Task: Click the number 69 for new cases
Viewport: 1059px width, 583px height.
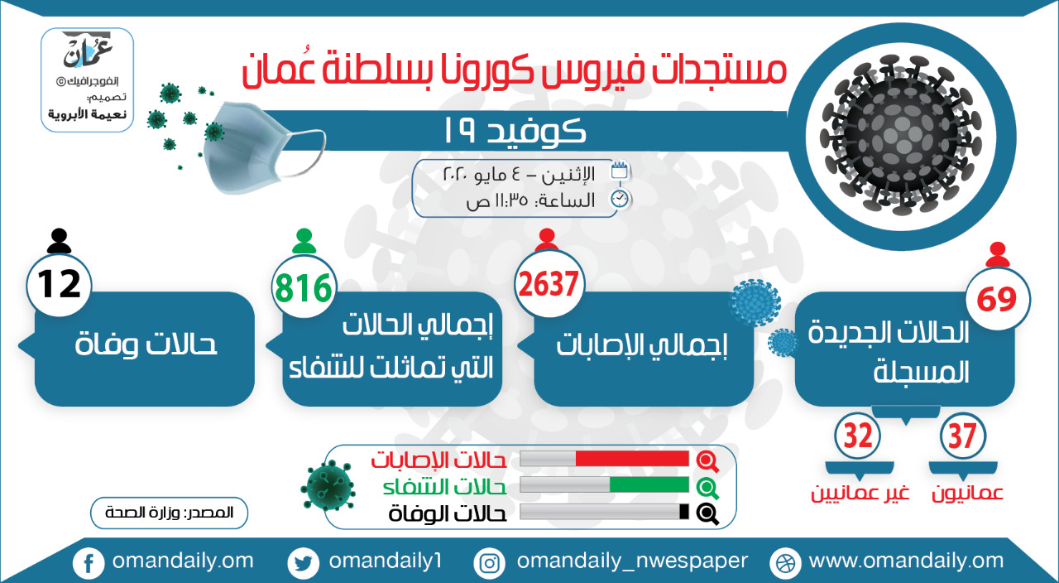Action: pos(997,299)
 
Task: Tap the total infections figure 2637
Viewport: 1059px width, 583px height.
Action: pos(549,284)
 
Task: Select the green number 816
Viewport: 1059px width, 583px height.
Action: pos(304,287)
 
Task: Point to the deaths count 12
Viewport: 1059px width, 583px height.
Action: pos(59,284)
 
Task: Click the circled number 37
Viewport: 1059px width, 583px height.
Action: pos(962,436)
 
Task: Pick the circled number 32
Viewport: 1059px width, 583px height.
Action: pos(858,436)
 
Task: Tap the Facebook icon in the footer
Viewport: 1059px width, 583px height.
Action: pos(89,563)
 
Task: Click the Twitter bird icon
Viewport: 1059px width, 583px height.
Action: pos(303,563)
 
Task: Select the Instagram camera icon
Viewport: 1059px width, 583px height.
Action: pos(489,563)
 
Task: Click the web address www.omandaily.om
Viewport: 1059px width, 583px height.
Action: pos(906,561)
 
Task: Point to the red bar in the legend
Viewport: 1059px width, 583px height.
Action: pos(632,459)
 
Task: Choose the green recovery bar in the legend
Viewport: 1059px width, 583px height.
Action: pos(649,485)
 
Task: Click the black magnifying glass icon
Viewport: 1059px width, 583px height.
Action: pos(707,513)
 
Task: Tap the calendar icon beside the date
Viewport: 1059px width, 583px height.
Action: pos(620,171)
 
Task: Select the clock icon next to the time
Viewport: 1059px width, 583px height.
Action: pos(620,200)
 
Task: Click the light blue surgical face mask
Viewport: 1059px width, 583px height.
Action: pos(262,147)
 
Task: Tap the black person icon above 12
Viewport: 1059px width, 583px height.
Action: pos(59,241)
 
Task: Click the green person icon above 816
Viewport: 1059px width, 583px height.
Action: pos(304,241)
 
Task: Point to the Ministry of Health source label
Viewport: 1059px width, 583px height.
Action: pos(170,513)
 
